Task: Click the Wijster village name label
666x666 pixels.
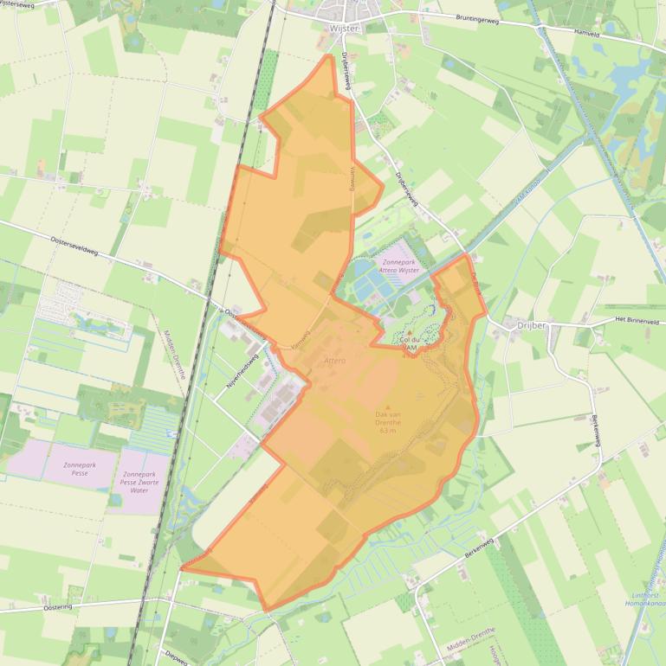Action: point(345,29)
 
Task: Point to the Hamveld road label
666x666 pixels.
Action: point(587,32)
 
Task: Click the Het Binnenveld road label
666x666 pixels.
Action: point(637,321)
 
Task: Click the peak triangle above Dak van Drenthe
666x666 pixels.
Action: point(387,407)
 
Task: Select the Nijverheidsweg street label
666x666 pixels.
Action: point(242,372)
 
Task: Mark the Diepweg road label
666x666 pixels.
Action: point(175,656)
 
